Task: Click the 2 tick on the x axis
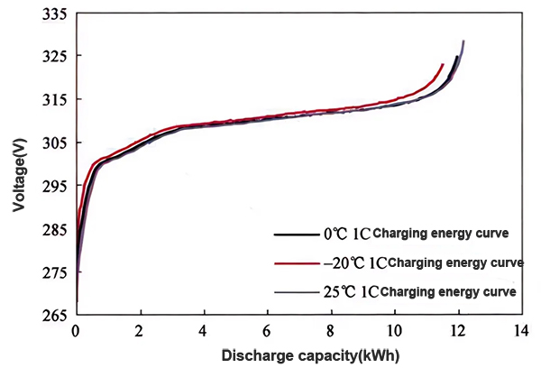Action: point(140,331)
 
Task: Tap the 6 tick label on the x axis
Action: point(268,331)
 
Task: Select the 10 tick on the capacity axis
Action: point(395,331)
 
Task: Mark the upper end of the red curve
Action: point(442,65)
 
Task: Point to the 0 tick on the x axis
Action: point(77,331)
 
